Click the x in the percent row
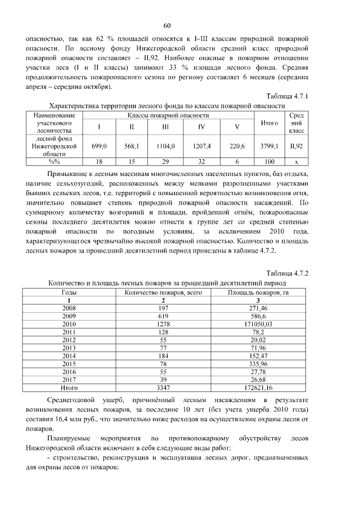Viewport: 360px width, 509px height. (x=296, y=161)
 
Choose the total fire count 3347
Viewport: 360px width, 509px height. (x=163, y=388)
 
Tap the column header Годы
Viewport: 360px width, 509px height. (x=69, y=293)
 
